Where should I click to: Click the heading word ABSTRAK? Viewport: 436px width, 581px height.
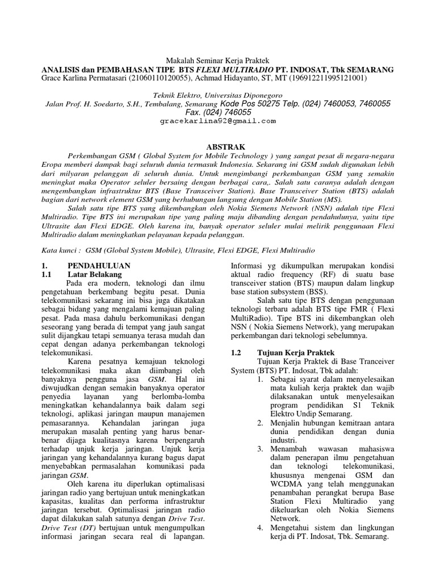217,145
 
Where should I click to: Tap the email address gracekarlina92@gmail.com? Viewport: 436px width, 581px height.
217,121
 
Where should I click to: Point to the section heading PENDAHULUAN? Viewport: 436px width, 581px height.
99,266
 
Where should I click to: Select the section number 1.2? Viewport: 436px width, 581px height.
237,352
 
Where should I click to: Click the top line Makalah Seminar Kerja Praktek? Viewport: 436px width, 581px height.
217,60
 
